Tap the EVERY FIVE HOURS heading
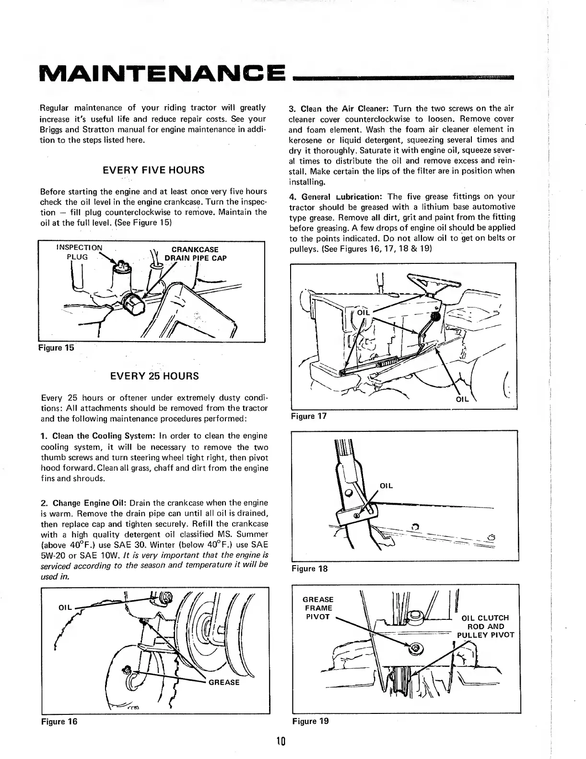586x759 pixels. tap(154, 170)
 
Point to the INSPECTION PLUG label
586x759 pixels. tap(79, 252)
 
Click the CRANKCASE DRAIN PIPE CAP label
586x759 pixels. tap(195, 254)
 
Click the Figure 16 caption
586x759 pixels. tap(59, 721)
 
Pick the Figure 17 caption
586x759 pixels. tap(309, 416)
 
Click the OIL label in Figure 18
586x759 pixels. tap(386, 486)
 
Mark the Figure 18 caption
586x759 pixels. tap(309, 569)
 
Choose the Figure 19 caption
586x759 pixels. tap(311, 721)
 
